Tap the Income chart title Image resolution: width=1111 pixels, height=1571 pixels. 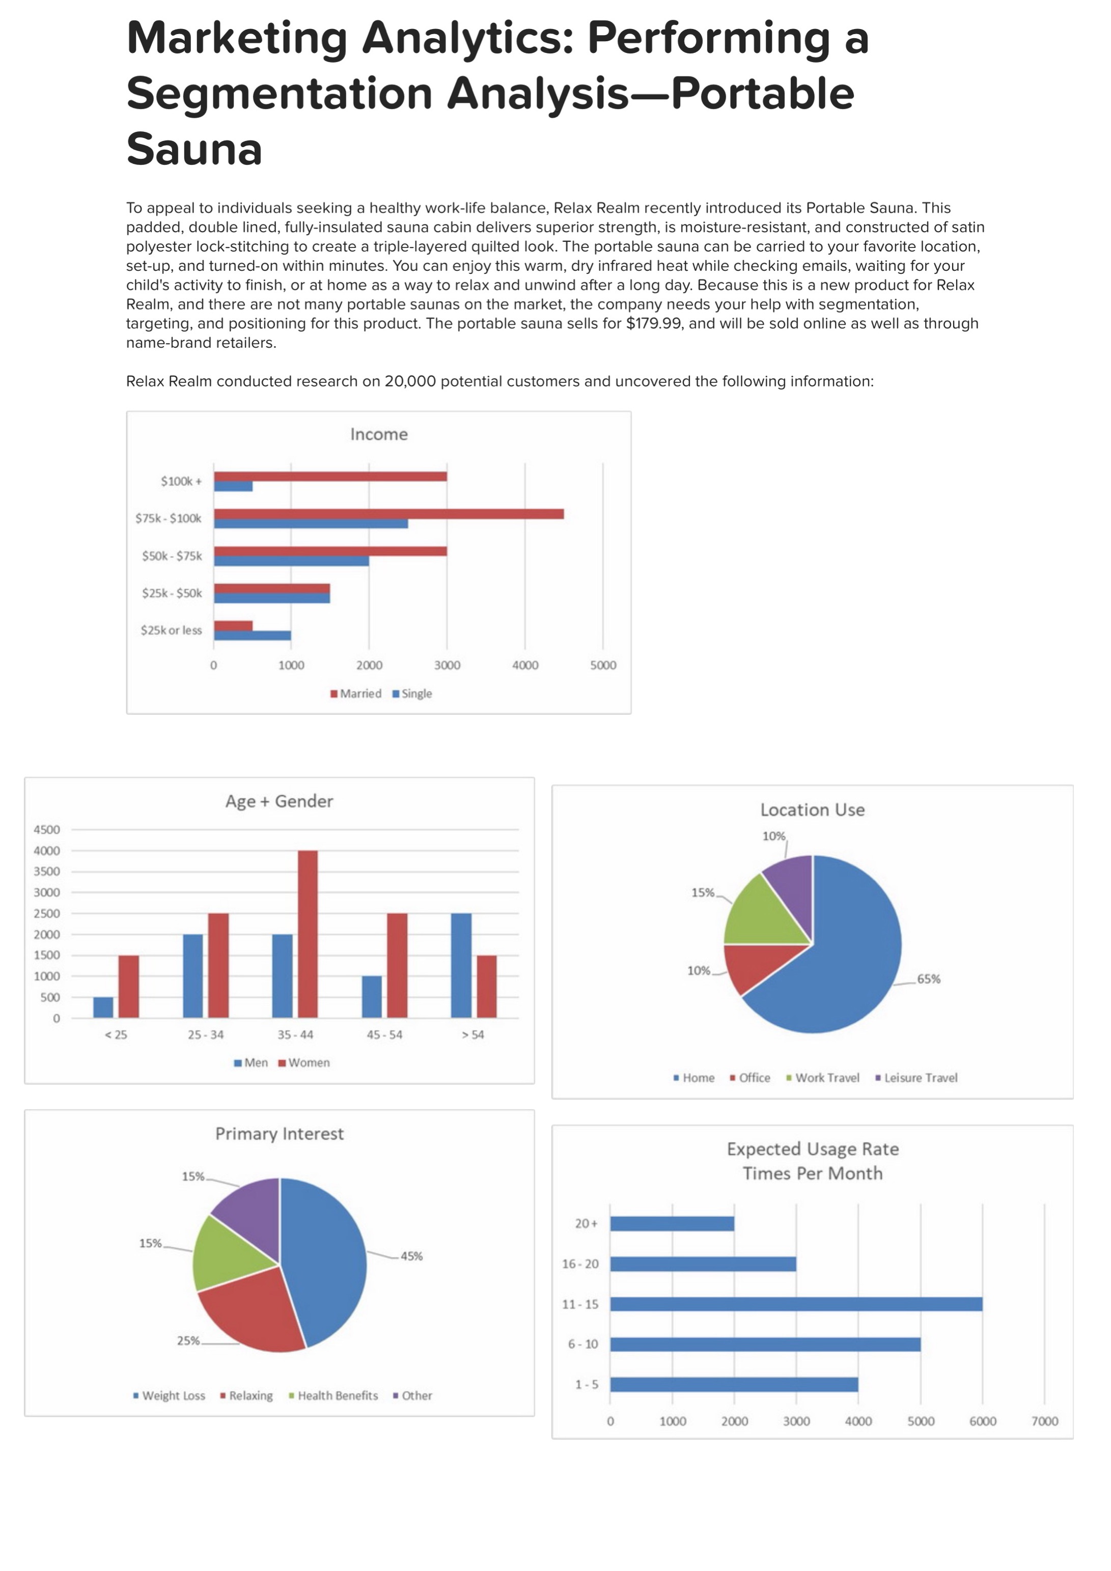tap(378, 434)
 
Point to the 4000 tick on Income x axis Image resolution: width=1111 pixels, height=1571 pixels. tap(525, 665)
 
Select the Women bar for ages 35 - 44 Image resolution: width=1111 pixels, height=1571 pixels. tap(308, 934)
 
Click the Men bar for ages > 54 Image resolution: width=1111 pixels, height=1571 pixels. tap(461, 965)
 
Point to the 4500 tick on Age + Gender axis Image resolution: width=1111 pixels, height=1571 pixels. tap(46, 829)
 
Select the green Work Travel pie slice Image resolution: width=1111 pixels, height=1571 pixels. tap(760, 913)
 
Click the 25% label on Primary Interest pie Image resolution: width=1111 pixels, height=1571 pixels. tap(188, 1341)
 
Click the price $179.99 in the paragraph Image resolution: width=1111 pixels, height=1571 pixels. tap(654, 324)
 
